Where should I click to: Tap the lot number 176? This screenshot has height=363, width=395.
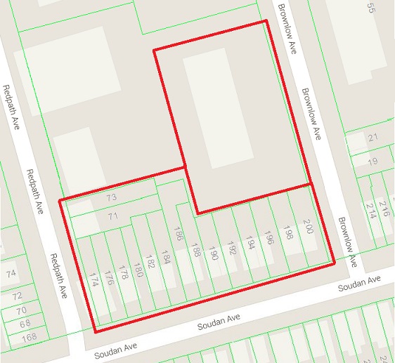pyautogui.click(x=109, y=278)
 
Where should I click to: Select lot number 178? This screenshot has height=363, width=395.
pyautogui.click(x=124, y=272)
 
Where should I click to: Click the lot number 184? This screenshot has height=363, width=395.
pyautogui.click(x=166, y=257)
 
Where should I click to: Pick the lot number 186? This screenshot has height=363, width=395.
pyautogui.click(x=179, y=235)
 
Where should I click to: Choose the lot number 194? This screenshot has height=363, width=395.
pyautogui.click(x=250, y=242)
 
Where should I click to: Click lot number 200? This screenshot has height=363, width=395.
pyautogui.click(x=308, y=227)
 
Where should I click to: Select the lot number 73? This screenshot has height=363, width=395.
pyautogui.click(x=111, y=198)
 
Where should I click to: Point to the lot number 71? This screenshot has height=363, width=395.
pyautogui.click(x=112, y=216)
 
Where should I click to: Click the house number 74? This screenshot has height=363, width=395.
pyautogui.click(x=10, y=273)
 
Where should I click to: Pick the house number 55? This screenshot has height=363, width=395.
pyautogui.click(x=371, y=8)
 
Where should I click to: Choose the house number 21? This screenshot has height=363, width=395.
pyautogui.click(x=373, y=138)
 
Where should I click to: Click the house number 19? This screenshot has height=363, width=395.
pyautogui.click(x=373, y=161)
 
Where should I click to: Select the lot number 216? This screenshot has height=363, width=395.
pyautogui.click(x=384, y=208)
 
